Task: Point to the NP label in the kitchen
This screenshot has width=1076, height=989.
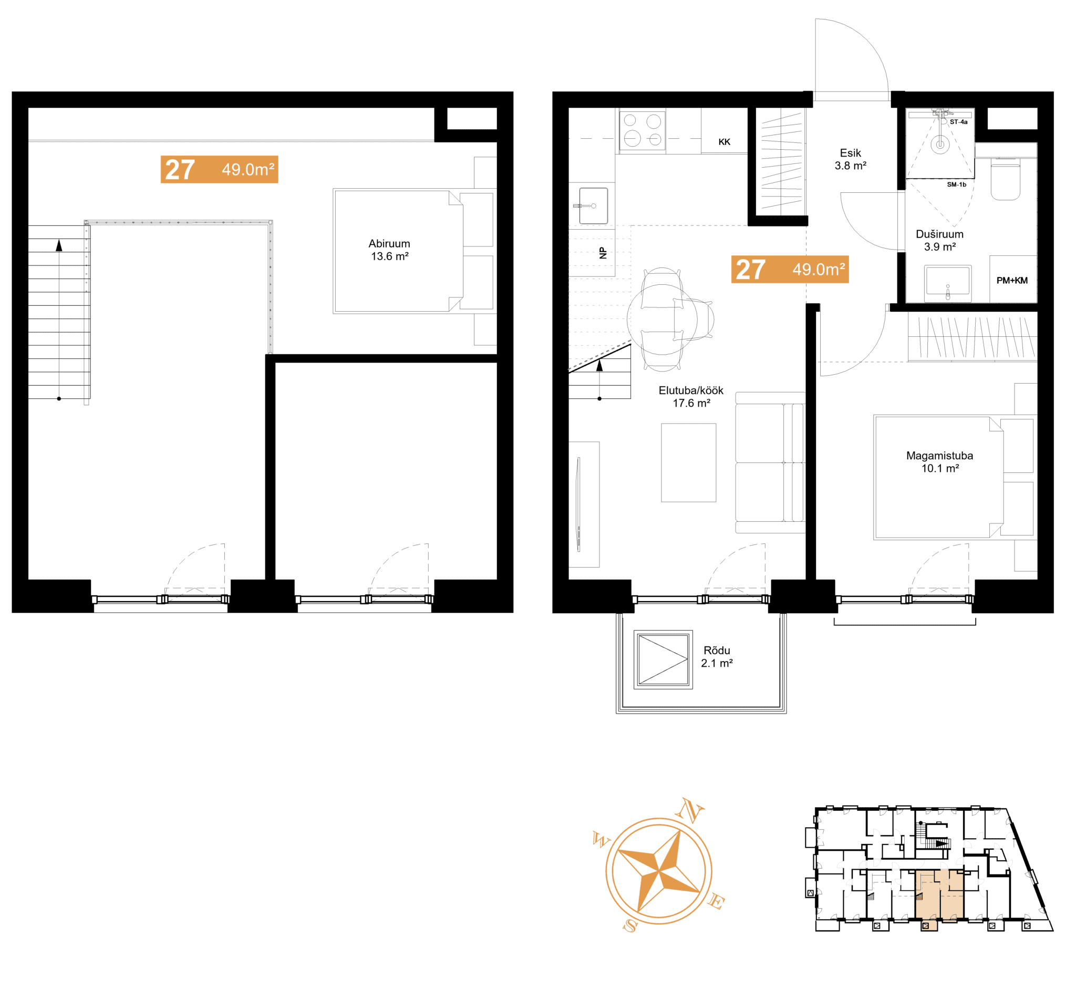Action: pyautogui.click(x=604, y=253)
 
